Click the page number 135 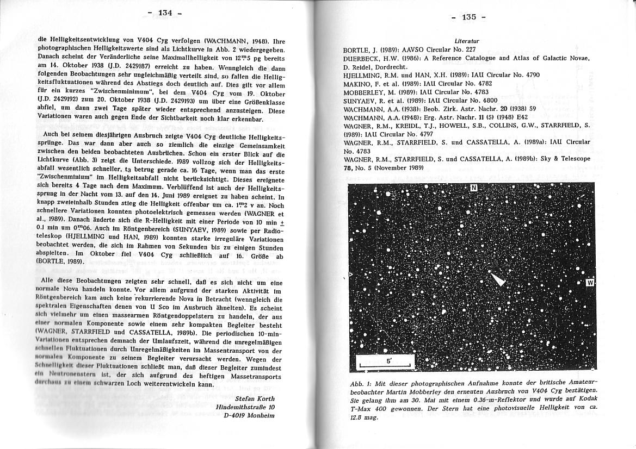pyautogui.click(x=469, y=17)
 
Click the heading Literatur pyautogui.click(x=467, y=41)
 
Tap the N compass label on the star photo pyautogui.click(x=473, y=188)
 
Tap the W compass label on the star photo pyautogui.click(x=590, y=283)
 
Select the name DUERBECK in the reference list pyautogui.click(x=362, y=58)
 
